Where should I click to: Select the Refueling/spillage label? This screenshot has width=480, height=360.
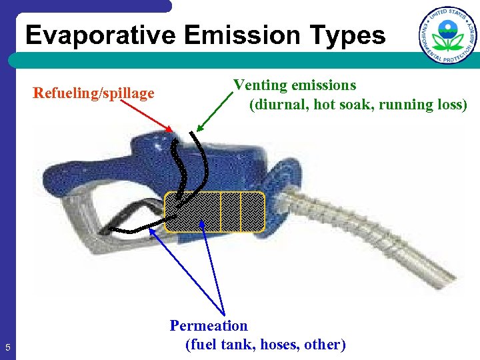click(x=93, y=93)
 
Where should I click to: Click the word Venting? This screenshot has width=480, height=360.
click(x=260, y=85)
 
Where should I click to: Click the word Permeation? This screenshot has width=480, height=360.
click(x=209, y=326)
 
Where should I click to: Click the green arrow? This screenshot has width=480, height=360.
click(x=214, y=112)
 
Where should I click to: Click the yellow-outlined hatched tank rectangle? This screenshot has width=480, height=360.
click(x=215, y=211)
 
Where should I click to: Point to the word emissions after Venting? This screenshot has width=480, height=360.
click(x=323, y=85)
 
